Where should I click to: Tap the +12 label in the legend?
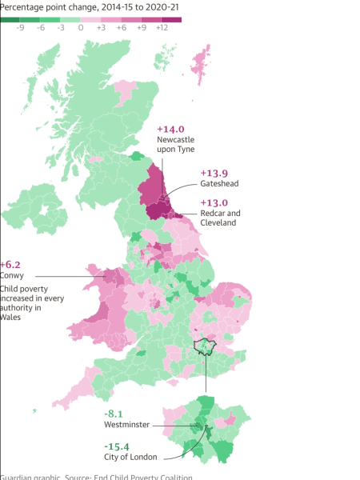[162, 27]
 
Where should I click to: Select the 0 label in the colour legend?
[81, 27]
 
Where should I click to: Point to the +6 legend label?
[121, 27]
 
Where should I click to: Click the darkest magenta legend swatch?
[171, 18]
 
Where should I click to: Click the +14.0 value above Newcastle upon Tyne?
[170, 129]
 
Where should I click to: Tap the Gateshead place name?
[218, 184]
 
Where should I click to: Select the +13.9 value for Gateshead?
[214, 173]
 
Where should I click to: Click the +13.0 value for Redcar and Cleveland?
[214, 202]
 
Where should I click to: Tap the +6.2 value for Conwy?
[10, 264]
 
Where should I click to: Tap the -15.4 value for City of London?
[118, 446]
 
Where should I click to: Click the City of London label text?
[130, 457]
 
